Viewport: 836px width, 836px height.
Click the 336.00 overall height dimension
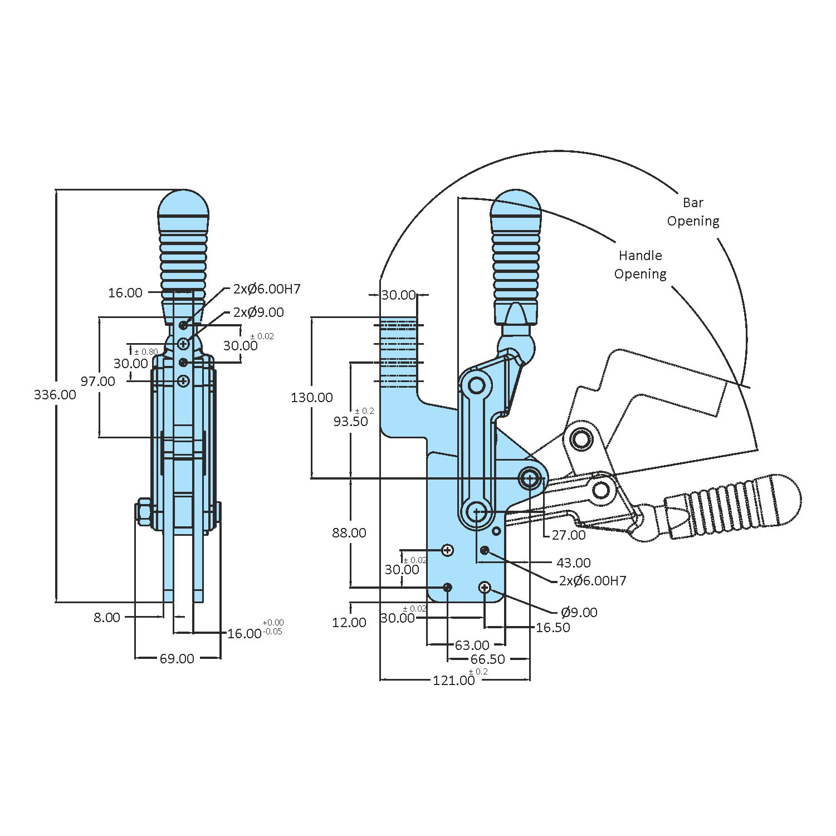[55, 394]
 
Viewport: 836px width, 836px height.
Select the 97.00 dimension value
[98, 382]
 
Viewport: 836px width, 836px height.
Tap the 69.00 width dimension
[177, 658]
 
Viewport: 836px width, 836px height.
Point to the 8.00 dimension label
[106, 617]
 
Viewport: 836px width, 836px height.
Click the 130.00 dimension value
[311, 397]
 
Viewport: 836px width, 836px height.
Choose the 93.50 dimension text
[351, 422]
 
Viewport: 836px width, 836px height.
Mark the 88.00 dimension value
[349, 533]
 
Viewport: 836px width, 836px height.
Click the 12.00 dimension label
[349, 623]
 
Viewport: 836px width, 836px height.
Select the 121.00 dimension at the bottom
[454, 680]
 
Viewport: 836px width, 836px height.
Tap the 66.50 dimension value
[487, 659]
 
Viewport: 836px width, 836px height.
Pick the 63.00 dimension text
[472, 645]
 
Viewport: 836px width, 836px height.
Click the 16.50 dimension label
[553, 628]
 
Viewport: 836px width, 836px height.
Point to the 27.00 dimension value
[568, 535]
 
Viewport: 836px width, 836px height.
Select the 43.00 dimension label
[574, 563]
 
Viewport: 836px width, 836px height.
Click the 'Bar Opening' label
[693, 212]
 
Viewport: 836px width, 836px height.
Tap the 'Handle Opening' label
[640, 265]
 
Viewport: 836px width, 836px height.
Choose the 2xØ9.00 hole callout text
[258, 312]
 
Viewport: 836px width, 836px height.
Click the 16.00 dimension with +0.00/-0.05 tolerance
[245, 633]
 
